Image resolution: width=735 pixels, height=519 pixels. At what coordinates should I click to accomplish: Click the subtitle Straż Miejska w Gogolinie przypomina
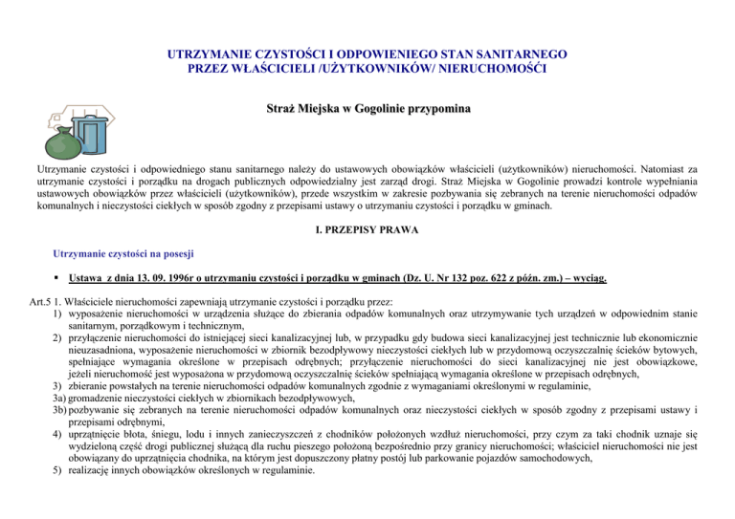[x=367, y=113]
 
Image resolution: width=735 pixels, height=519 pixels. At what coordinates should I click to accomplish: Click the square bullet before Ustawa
[x=58, y=279]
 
